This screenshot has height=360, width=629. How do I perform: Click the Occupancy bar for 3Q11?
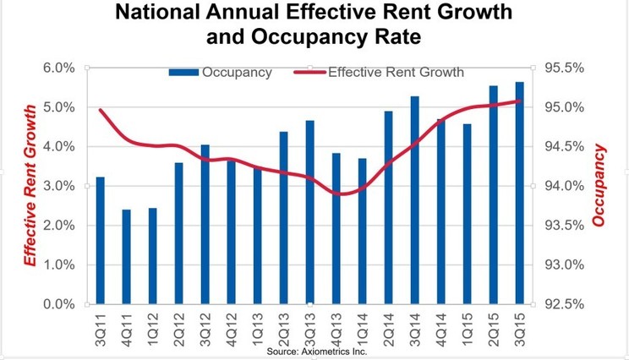tap(100, 240)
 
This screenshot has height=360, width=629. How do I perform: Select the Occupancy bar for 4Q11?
tap(126, 257)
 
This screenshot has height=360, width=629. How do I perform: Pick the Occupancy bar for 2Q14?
tap(388, 207)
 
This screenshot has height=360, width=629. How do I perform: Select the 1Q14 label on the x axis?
tap(362, 326)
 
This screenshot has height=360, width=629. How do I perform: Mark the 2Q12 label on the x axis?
tap(178, 326)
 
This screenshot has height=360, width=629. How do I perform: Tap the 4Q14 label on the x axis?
tap(440, 326)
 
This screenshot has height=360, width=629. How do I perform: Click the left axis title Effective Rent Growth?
tap(30, 186)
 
